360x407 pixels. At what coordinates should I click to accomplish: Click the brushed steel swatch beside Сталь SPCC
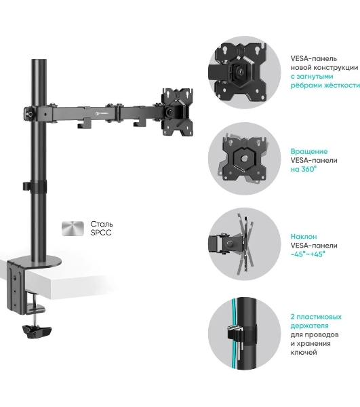pos(73,229)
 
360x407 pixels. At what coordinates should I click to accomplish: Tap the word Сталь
pos(102,224)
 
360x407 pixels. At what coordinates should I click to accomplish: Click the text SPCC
pos(101,233)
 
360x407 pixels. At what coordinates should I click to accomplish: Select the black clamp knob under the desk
pos(37,331)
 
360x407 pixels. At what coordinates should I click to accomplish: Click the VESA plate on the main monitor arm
pos(178,112)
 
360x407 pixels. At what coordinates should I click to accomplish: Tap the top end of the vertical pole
pos(39,60)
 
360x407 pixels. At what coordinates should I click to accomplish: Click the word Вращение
pos(308,151)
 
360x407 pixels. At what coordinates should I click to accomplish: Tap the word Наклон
pos(304,237)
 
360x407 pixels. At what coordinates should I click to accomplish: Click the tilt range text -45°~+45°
pos(308,254)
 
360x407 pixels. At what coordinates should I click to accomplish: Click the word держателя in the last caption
pos(309,326)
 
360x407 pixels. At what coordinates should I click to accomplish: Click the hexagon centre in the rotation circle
pos(244,158)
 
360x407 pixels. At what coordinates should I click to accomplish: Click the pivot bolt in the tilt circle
pos(230,244)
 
